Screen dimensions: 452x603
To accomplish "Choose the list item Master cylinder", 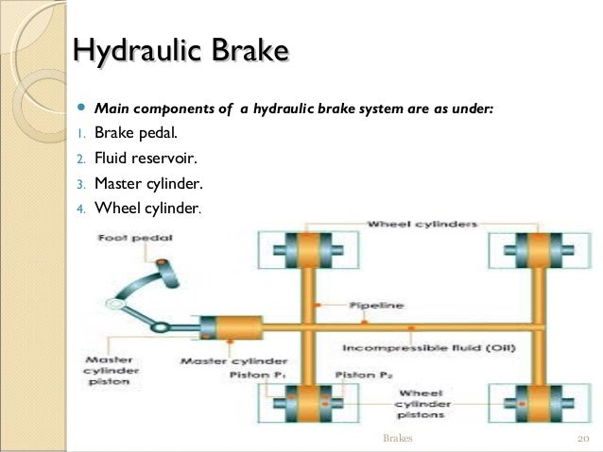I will click(147, 183).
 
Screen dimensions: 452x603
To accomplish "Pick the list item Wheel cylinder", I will click(146, 208).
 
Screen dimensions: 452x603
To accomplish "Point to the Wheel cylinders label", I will click(422, 224).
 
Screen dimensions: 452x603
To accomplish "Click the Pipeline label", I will click(376, 306).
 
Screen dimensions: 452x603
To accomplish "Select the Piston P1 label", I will click(252, 375).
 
